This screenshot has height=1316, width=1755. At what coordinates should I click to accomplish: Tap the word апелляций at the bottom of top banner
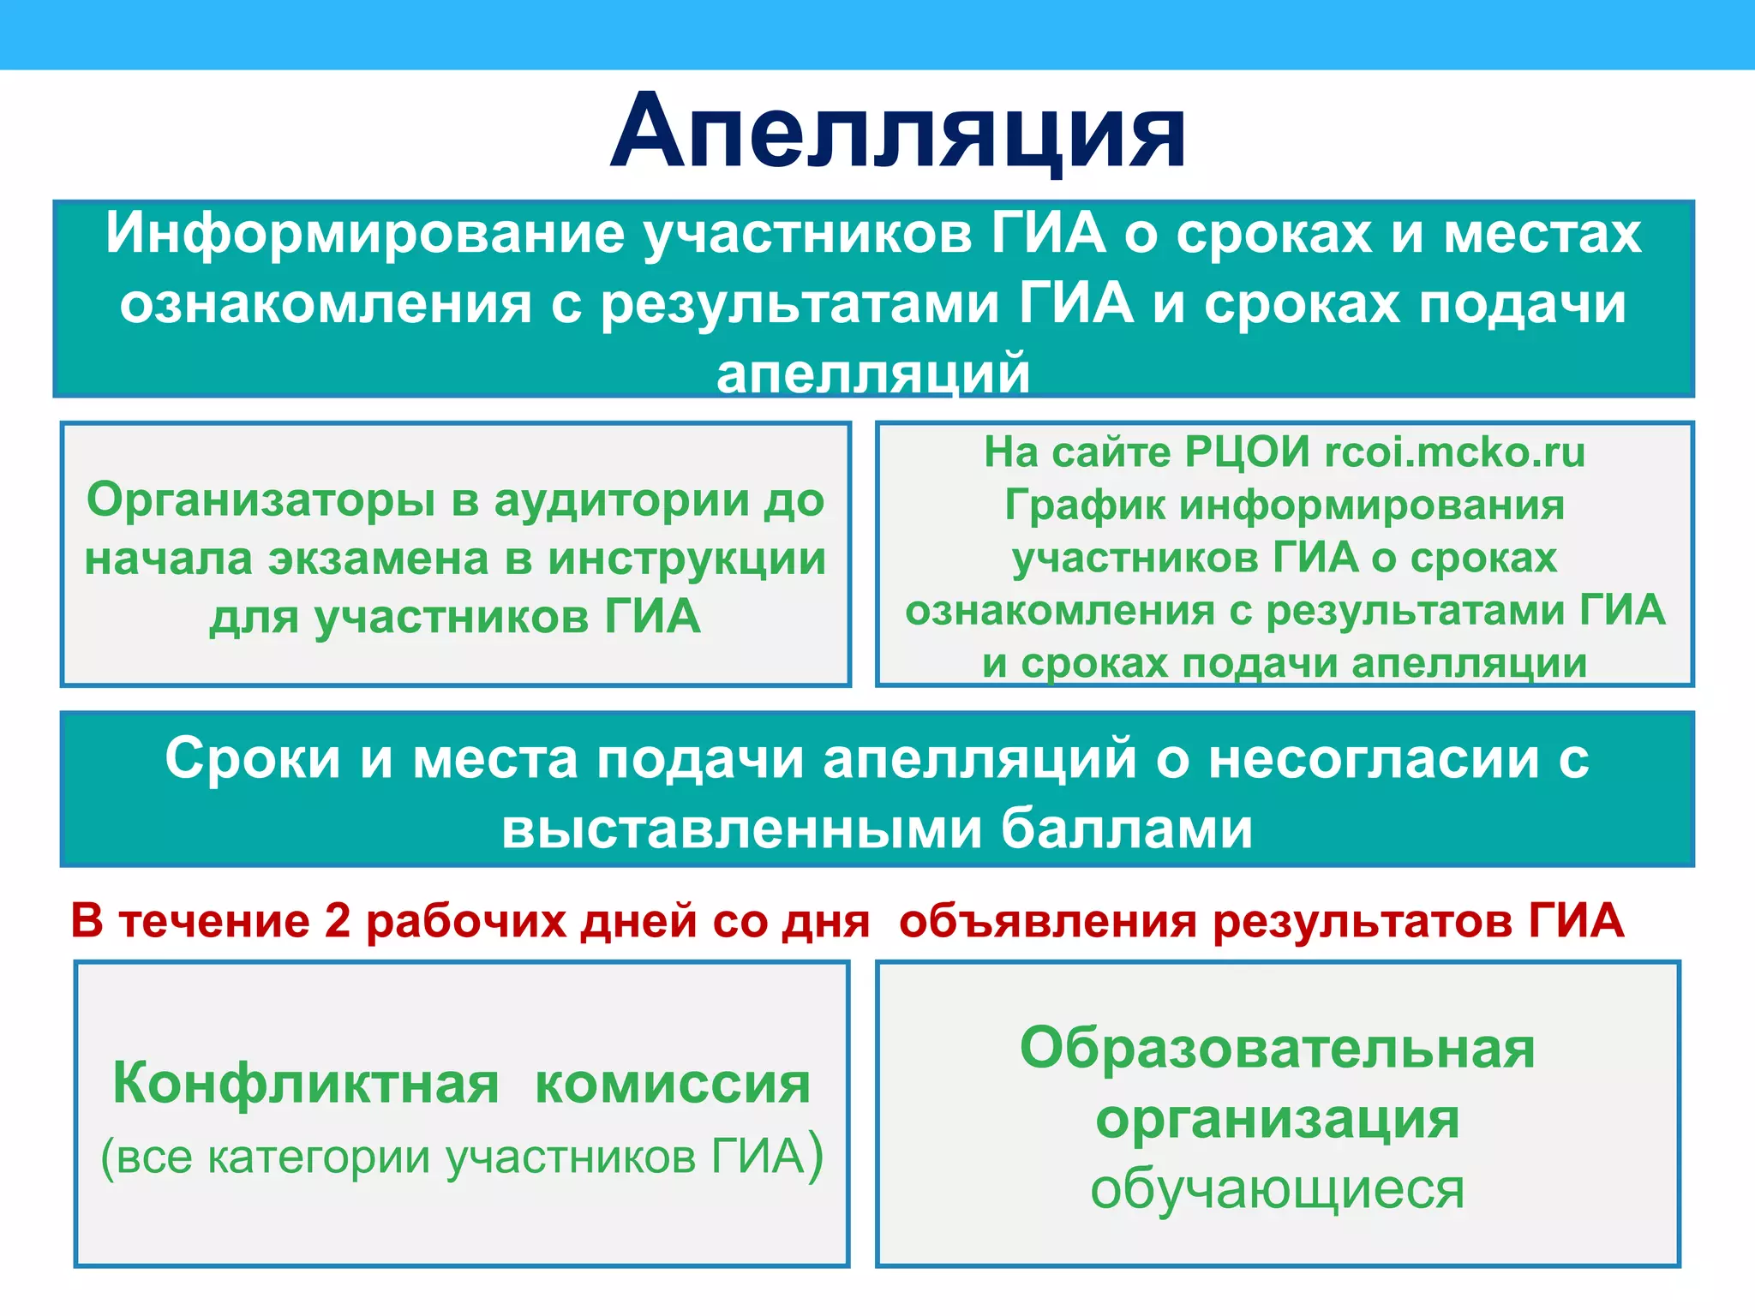873,374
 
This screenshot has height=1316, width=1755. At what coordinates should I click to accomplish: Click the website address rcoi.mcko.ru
1454,452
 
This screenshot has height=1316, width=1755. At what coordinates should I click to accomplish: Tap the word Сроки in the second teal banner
253,758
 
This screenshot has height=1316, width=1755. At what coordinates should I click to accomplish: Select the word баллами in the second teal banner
1126,828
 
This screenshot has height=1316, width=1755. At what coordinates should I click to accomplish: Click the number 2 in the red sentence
338,921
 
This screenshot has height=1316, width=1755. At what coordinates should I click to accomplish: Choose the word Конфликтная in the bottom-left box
306,1084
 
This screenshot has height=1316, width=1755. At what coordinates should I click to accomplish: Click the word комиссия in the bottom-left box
672,1084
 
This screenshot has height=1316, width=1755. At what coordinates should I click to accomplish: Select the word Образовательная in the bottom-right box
1277,1049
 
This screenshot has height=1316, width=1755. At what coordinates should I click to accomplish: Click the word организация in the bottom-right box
1277,1119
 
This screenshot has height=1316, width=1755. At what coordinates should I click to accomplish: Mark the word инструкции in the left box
687,559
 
